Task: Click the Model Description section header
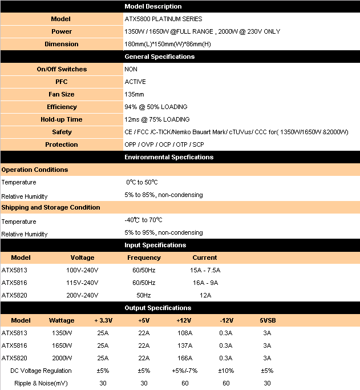(153, 6)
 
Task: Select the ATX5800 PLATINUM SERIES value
(163, 19)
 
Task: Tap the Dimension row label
(61, 44)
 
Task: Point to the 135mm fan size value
(135, 94)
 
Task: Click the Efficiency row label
(61, 107)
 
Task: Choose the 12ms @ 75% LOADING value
(157, 119)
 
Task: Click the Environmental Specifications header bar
(169, 157)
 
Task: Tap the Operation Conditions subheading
(35, 170)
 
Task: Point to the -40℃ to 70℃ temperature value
(143, 220)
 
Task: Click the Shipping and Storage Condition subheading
(51, 207)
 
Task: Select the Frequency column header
(144, 258)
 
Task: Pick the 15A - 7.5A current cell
(205, 270)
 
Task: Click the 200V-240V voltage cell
(82, 295)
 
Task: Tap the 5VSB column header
(267, 320)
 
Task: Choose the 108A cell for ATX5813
(184, 333)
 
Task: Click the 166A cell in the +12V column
(184, 358)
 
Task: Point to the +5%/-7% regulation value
(184, 371)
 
